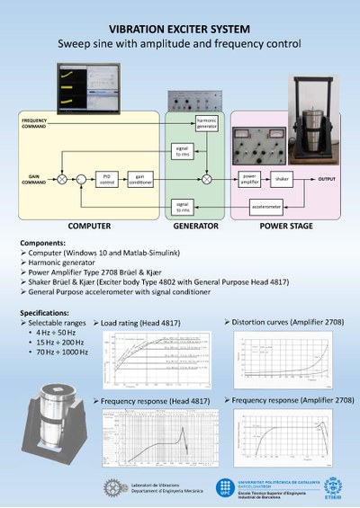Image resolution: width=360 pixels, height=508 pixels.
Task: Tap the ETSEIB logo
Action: point(332,486)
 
